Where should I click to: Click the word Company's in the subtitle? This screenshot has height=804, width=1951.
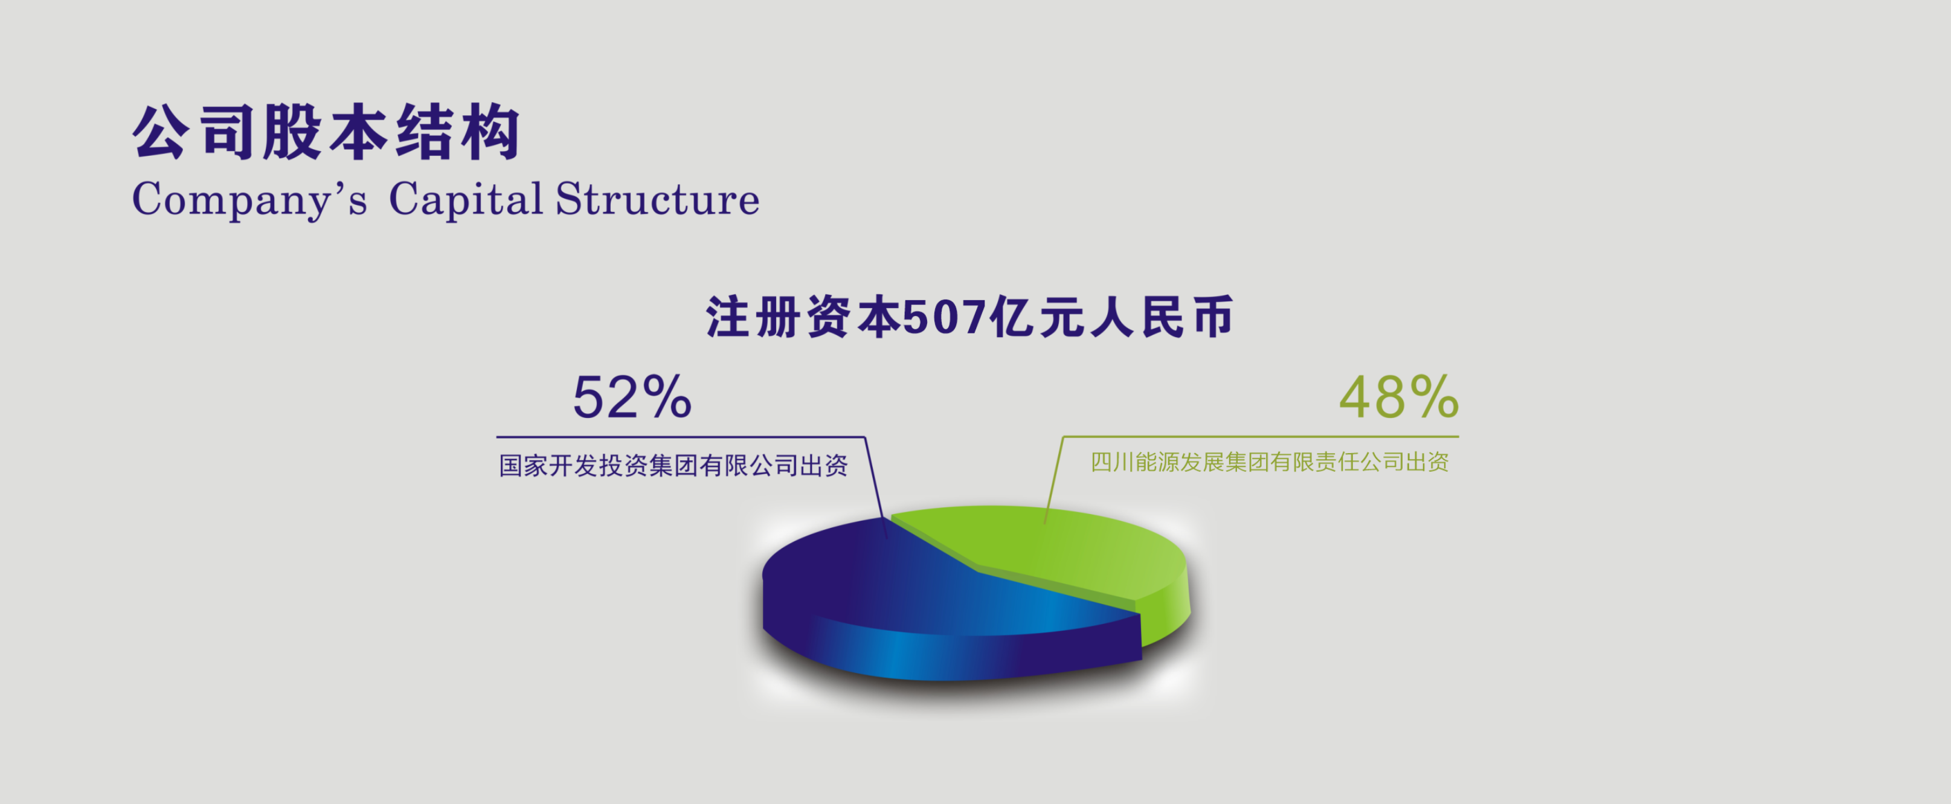[249, 199]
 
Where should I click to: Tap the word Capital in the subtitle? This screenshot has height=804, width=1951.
[466, 199]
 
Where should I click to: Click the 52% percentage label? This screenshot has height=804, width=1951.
[632, 397]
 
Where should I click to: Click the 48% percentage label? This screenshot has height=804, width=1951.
[1399, 397]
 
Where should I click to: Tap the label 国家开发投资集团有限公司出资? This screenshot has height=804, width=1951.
[673, 466]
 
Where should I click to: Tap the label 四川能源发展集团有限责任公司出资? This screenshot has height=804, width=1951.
[1270, 462]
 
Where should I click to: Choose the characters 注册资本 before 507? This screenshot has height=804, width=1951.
[803, 317]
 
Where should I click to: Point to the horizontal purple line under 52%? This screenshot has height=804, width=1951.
[680, 437]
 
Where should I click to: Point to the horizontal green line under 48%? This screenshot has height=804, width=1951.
[1261, 437]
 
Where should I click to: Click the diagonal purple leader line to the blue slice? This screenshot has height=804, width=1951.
[875, 487]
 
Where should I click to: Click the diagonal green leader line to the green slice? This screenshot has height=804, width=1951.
[1053, 480]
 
